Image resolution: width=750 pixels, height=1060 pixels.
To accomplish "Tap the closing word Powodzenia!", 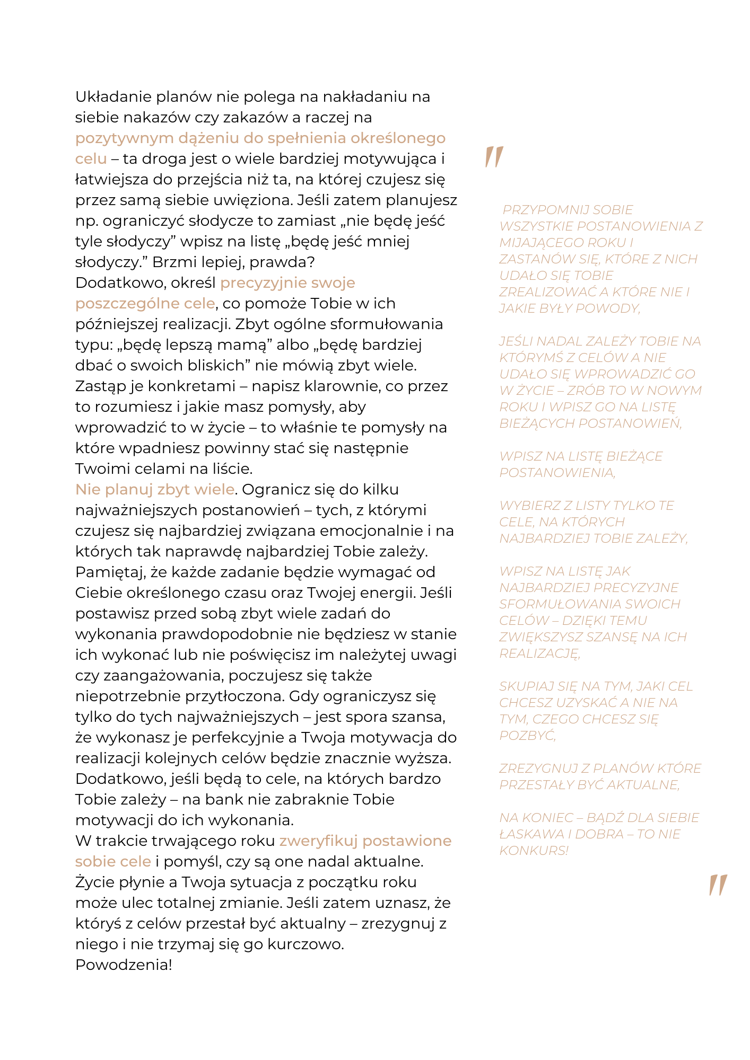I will click(x=124, y=965).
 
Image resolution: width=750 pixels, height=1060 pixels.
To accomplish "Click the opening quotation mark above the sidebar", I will click(x=494, y=157).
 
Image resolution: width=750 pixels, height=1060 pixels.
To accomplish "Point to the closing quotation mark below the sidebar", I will click(x=718, y=885).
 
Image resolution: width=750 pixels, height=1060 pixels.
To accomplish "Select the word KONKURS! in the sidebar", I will click(x=534, y=851).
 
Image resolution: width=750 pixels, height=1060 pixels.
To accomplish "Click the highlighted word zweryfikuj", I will click(x=318, y=841).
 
